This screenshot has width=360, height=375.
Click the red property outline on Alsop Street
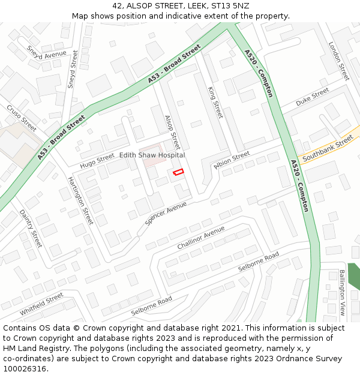coord(178,172)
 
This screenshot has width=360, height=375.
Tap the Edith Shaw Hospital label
coord(152,155)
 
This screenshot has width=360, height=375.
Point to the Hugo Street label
coord(97,160)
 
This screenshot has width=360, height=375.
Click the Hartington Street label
coord(80,200)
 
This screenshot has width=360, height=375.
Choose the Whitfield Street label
coord(41,304)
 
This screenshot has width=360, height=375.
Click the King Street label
coord(215,102)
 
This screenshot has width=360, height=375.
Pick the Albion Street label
coord(232,160)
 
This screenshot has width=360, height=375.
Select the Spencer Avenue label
coord(166,213)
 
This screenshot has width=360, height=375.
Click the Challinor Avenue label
coord(201,238)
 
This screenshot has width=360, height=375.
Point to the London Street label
coord(338,61)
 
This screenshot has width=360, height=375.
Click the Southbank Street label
coord(328,149)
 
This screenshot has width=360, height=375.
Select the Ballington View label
coord(341,292)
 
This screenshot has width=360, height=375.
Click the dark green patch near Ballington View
coord(354,275)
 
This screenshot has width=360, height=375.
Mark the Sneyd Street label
coord(73,70)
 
